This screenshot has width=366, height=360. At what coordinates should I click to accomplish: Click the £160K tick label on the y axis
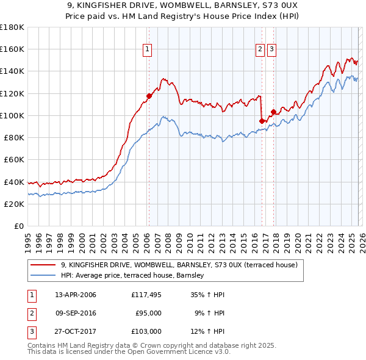[12, 49]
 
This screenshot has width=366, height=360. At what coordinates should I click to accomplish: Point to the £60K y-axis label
[14, 160]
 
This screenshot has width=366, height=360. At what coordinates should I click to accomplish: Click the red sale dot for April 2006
[149, 96]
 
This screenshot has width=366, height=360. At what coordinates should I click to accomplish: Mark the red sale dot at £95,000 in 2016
[262, 121]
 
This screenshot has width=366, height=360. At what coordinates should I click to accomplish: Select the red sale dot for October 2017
[274, 112]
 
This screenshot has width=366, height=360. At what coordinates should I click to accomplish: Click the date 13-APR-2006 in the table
[76, 295]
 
